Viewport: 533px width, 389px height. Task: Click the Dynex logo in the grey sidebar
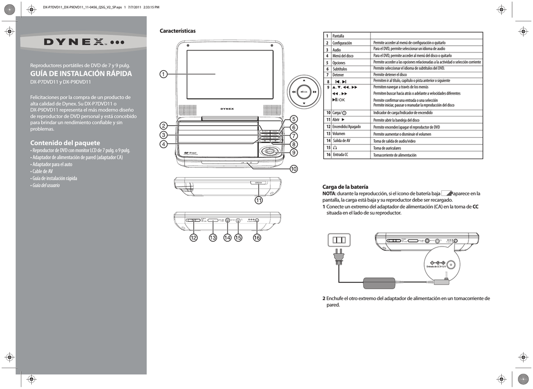(x=83, y=42)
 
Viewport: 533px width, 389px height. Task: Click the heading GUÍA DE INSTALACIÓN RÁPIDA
(x=81, y=73)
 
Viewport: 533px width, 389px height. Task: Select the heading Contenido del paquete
(x=65, y=142)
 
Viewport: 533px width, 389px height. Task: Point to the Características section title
(x=177, y=31)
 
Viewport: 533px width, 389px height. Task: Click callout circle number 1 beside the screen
(x=163, y=74)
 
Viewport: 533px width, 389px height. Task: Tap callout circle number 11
(x=258, y=200)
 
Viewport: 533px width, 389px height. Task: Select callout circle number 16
(x=257, y=238)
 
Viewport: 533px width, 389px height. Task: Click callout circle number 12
(x=193, y=238)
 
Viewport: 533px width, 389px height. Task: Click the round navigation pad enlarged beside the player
(x=305, y=92)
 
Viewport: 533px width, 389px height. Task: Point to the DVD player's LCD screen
(x=230, y=75)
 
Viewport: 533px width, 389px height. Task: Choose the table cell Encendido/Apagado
(x=347, y=127)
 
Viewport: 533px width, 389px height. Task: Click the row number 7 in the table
(x=327, y=75)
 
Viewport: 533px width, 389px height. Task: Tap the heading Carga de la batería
(x=345, y=186)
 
